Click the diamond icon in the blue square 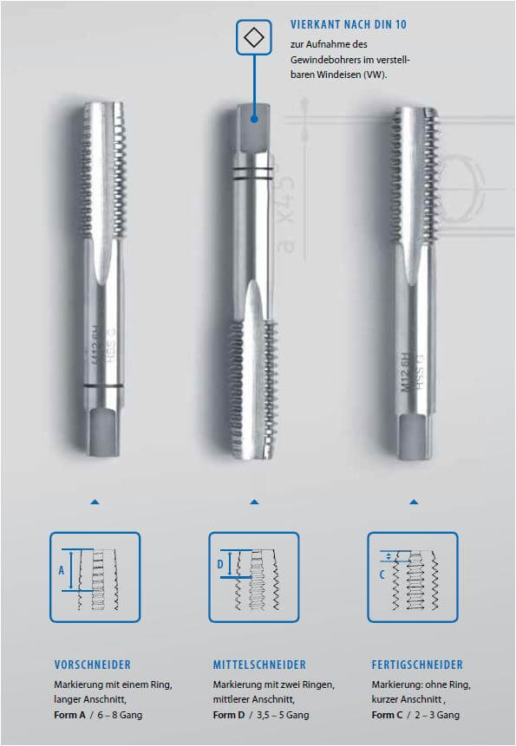[254, 37]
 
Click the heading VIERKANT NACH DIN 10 [349, 25]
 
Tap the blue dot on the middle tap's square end [254, 119]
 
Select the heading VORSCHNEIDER [92, 665]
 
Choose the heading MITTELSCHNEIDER [259, 665]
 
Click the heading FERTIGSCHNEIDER [417, 665]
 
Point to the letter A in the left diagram [61, 570]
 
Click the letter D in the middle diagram [220, 564]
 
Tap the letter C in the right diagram [382, 574]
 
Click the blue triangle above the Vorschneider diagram [95, 502]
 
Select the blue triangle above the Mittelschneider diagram [254, 502]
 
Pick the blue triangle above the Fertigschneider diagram [414, 502]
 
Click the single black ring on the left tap [103, 386]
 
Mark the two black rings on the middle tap [252, 172]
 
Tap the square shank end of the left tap [103, 431]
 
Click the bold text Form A [69, 715]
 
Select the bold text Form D [228, 715]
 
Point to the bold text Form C [387, 715]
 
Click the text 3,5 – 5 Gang [283, 715]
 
